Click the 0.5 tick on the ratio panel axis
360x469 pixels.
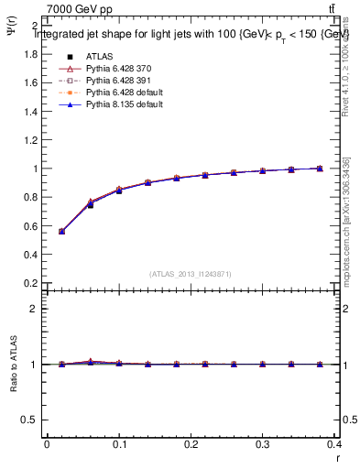point(28,420)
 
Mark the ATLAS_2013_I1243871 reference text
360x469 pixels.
point(191,274)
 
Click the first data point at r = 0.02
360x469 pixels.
point(61,232)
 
